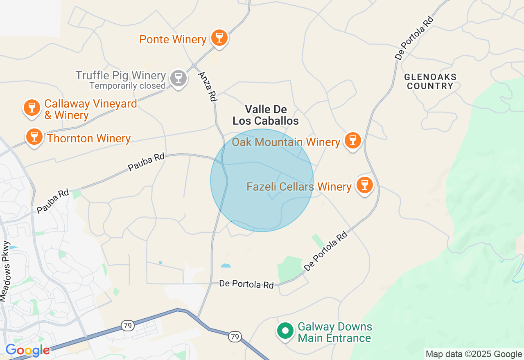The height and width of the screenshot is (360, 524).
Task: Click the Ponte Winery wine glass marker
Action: click(x=219, y=38)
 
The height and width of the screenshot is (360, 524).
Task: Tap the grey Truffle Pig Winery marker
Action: click(x=178, y=78)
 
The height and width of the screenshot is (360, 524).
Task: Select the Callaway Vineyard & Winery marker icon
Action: click(x=32, y=108)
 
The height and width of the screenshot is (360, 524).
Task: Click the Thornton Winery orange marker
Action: click(x=34, y=137)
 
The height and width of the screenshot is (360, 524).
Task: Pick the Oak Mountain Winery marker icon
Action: click(x=352, y=140)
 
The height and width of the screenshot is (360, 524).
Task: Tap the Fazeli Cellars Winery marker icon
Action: click(x=364, y=185)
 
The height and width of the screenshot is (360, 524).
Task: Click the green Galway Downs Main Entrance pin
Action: click(x=285, y=331)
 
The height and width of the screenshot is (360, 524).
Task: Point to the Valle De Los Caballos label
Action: click(x=266, y=115)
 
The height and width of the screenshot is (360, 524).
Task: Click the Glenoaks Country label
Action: click(x=430, y=81)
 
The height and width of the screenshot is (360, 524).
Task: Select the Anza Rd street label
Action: click(x=208, y=87)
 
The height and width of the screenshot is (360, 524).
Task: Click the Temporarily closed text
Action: click(x=127, y=86)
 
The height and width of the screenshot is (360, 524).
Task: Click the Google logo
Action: click(x=27, y=350)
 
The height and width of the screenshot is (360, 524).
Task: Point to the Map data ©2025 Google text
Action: click(x=474, y=354)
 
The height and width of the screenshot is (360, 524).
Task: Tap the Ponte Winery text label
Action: click(x=173, y=39)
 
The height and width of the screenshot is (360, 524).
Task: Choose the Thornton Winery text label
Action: click(x=89, y=138)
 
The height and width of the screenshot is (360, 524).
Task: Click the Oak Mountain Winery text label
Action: click(x=286, y=142)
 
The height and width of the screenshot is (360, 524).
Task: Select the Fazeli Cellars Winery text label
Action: click(x=299, y=187)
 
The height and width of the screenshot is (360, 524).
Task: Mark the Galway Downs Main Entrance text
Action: click(x=335, y=332)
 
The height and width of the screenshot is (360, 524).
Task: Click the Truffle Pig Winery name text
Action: click(x=120, y=76)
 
